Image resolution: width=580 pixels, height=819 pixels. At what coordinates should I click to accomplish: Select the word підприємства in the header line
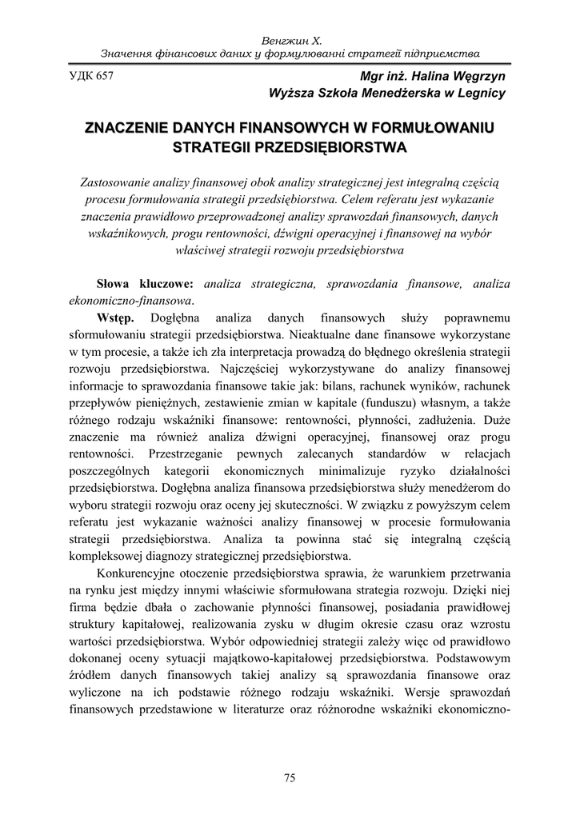[442, 53]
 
